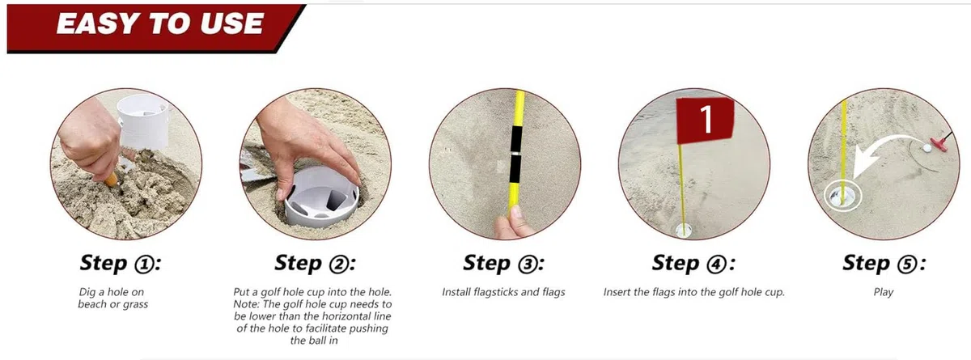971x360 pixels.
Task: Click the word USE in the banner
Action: (232, 23)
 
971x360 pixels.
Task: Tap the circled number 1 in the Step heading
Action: (144, 265)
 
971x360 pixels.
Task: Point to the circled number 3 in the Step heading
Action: (527, 265)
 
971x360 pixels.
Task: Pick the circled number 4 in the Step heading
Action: (717, 265)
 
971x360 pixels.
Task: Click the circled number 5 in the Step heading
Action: (907, 265)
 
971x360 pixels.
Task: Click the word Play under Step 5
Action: (884, 292)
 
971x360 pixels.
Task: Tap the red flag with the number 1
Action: (706, 120)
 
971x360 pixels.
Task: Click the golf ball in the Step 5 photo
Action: (927, 148)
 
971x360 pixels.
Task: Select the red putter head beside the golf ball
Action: (939, 143)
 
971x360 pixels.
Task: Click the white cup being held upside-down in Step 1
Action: (142, 121)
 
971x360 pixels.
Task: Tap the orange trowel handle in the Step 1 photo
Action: (112, 179)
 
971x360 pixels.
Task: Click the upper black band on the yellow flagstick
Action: (516, 138)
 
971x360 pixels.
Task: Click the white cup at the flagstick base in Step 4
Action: (684, 230)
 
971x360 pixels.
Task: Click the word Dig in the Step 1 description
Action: (87, 292)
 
